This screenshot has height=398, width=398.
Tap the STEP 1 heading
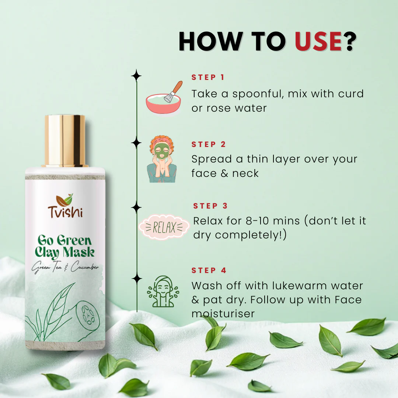click(x=208, y=77)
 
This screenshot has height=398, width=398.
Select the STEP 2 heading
click(x=209, y=144)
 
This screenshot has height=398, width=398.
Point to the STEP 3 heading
click(x=210, y=206)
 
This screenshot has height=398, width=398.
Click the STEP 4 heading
click(x=209, y=270)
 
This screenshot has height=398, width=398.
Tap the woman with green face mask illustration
click(x=162, y=159)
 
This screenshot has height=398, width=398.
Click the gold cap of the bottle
click(x=65, y=140)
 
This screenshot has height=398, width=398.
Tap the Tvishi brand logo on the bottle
click(x=65, y=206)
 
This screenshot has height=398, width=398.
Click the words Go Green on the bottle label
click(x=64, y=240)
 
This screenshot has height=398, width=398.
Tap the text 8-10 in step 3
click(x=257, y=221)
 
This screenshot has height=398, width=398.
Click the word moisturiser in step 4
click(x=223, y=314)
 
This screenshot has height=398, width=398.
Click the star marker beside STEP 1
click(x=136, y=76)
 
